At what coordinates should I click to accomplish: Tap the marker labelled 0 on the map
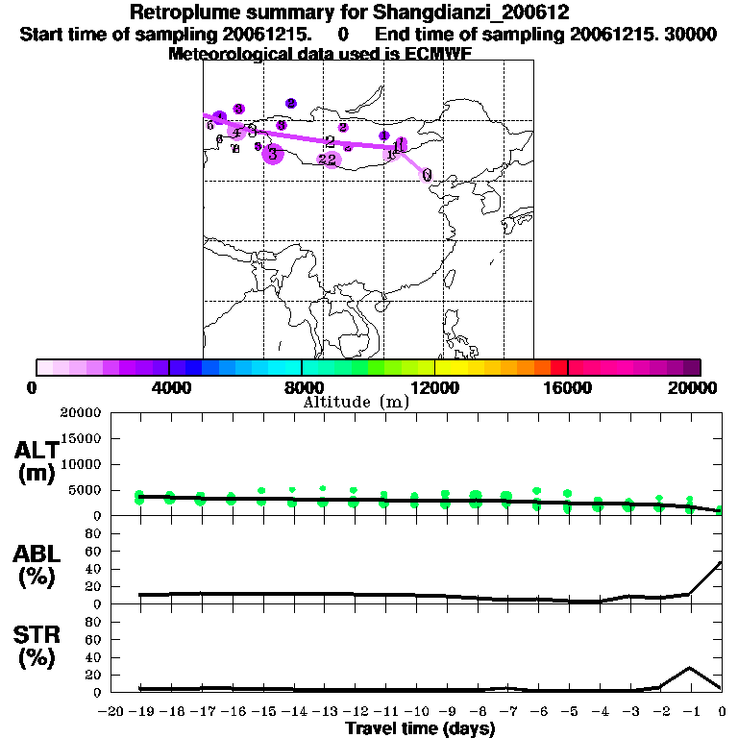tap(427, 175)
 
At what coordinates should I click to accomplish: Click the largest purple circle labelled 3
tap(273, 153)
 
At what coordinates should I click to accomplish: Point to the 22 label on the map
tap(327, 160)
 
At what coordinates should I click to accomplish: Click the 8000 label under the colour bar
tap(302, 387)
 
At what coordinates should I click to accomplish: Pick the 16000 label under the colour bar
tap(568, 387)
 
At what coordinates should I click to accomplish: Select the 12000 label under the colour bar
tap(434, 387)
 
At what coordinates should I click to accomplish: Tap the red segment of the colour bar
tap(559, 367)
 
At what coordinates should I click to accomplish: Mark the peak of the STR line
tap(690, 667)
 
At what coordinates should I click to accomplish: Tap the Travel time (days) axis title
tap(419, 728)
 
